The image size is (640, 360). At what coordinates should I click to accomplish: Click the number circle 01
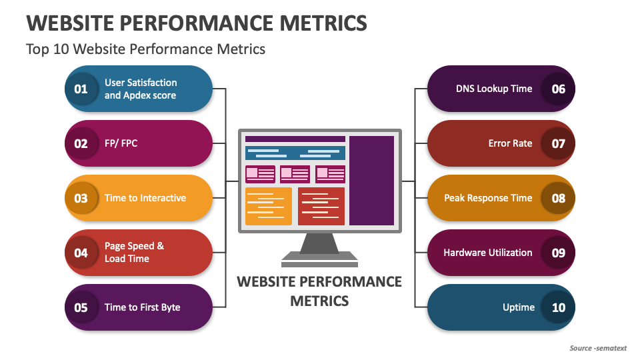pos(81,89)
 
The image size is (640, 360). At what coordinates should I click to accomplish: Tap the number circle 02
pos(81,143)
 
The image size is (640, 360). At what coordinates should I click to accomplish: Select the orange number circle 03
pos(81,198)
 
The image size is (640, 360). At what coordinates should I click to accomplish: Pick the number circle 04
pos(81,253)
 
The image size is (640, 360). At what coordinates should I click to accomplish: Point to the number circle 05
pos(81,307)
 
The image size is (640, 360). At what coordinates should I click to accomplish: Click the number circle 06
pos(558,89)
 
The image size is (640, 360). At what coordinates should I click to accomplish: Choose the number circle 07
pos(558,143)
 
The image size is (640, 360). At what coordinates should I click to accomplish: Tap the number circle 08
pos(558,198)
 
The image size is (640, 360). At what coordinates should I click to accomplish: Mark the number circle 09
pos(558,253)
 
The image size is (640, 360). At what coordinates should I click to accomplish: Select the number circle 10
pos(558,307)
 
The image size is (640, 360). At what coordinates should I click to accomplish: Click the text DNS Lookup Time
pos(494,89)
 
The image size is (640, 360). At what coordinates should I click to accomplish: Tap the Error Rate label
pos(510,143)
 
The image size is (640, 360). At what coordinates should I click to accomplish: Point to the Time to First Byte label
pos(142,307)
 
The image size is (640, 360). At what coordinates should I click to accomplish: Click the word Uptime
pos(518,307)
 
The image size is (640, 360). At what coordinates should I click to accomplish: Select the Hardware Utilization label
pos(487,253)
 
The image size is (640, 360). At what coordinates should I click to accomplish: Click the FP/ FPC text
pos(121,143)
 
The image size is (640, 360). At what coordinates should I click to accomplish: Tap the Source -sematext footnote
pos(599,348)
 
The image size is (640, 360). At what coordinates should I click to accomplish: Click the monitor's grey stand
pos(319,247)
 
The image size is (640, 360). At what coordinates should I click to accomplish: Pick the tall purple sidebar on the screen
pos(371,181)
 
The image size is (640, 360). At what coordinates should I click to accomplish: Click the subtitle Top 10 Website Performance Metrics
pos(145,49)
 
